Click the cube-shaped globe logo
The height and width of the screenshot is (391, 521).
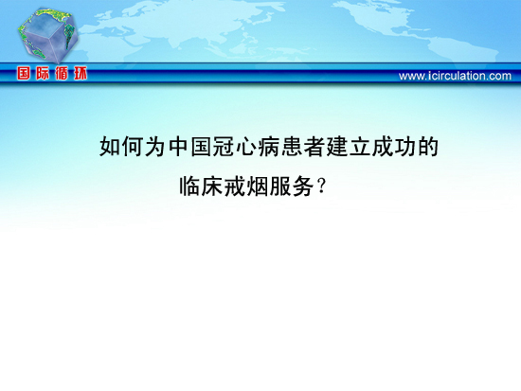coord(47,36)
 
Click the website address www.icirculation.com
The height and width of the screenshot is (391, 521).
coord(455,76)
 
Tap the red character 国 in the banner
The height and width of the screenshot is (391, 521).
coord(24,73)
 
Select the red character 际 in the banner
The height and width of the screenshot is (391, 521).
coord(43,73)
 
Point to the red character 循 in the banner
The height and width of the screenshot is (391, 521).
coord(62,73)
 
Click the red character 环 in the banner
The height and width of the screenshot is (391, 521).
coord(81,73)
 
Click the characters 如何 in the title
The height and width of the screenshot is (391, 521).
coord(121,147)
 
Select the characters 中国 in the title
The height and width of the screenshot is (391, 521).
coord(189,147)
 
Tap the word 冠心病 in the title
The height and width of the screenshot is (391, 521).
coord(246,147)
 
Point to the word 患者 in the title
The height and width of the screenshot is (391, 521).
coord(303,147)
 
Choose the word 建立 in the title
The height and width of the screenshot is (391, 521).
coord(349,147)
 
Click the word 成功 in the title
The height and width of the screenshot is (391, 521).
coord(393,147)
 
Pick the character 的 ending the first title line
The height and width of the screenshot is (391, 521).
coord(428,147)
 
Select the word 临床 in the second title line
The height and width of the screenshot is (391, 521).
coord(201,187)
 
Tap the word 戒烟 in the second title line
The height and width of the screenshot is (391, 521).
coord(246,187)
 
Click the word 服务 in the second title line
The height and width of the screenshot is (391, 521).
coord(292,187)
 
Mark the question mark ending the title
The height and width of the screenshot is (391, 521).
coord(321,187)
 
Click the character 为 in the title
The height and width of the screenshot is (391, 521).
coord(155,147)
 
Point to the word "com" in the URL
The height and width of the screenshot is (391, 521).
coord(500,77)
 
